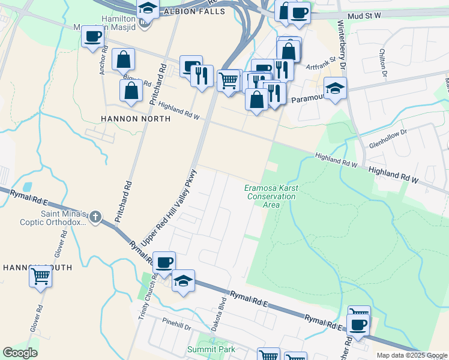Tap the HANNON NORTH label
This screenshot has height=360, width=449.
coord(136,119)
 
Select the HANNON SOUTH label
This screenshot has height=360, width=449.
coord(37,267)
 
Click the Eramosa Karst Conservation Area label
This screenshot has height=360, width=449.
coord(271,196)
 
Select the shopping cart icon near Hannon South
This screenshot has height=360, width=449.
coord(41,276)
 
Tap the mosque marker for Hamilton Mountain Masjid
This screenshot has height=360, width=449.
coord(143,23)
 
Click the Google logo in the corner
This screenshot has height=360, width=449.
coord(20,353)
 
